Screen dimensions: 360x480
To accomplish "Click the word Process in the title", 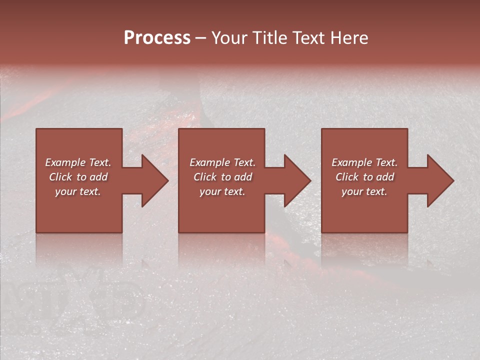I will tap(157, 38).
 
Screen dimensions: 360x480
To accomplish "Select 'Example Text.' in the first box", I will tap(78, 162).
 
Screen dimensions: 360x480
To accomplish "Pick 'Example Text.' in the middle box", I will tap(222, 162).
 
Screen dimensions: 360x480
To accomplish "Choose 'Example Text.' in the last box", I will tap(364, 162).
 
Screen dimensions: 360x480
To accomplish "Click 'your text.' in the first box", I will tap(78, 191).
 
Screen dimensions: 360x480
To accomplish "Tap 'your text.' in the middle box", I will tap(222, 191).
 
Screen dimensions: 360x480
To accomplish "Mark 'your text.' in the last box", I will tap(364, 191).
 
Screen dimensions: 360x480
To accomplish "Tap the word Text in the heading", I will tap(309, 38).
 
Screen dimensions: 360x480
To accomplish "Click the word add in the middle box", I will tap(243, 177).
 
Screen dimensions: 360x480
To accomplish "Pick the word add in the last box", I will tap(385, 177).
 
